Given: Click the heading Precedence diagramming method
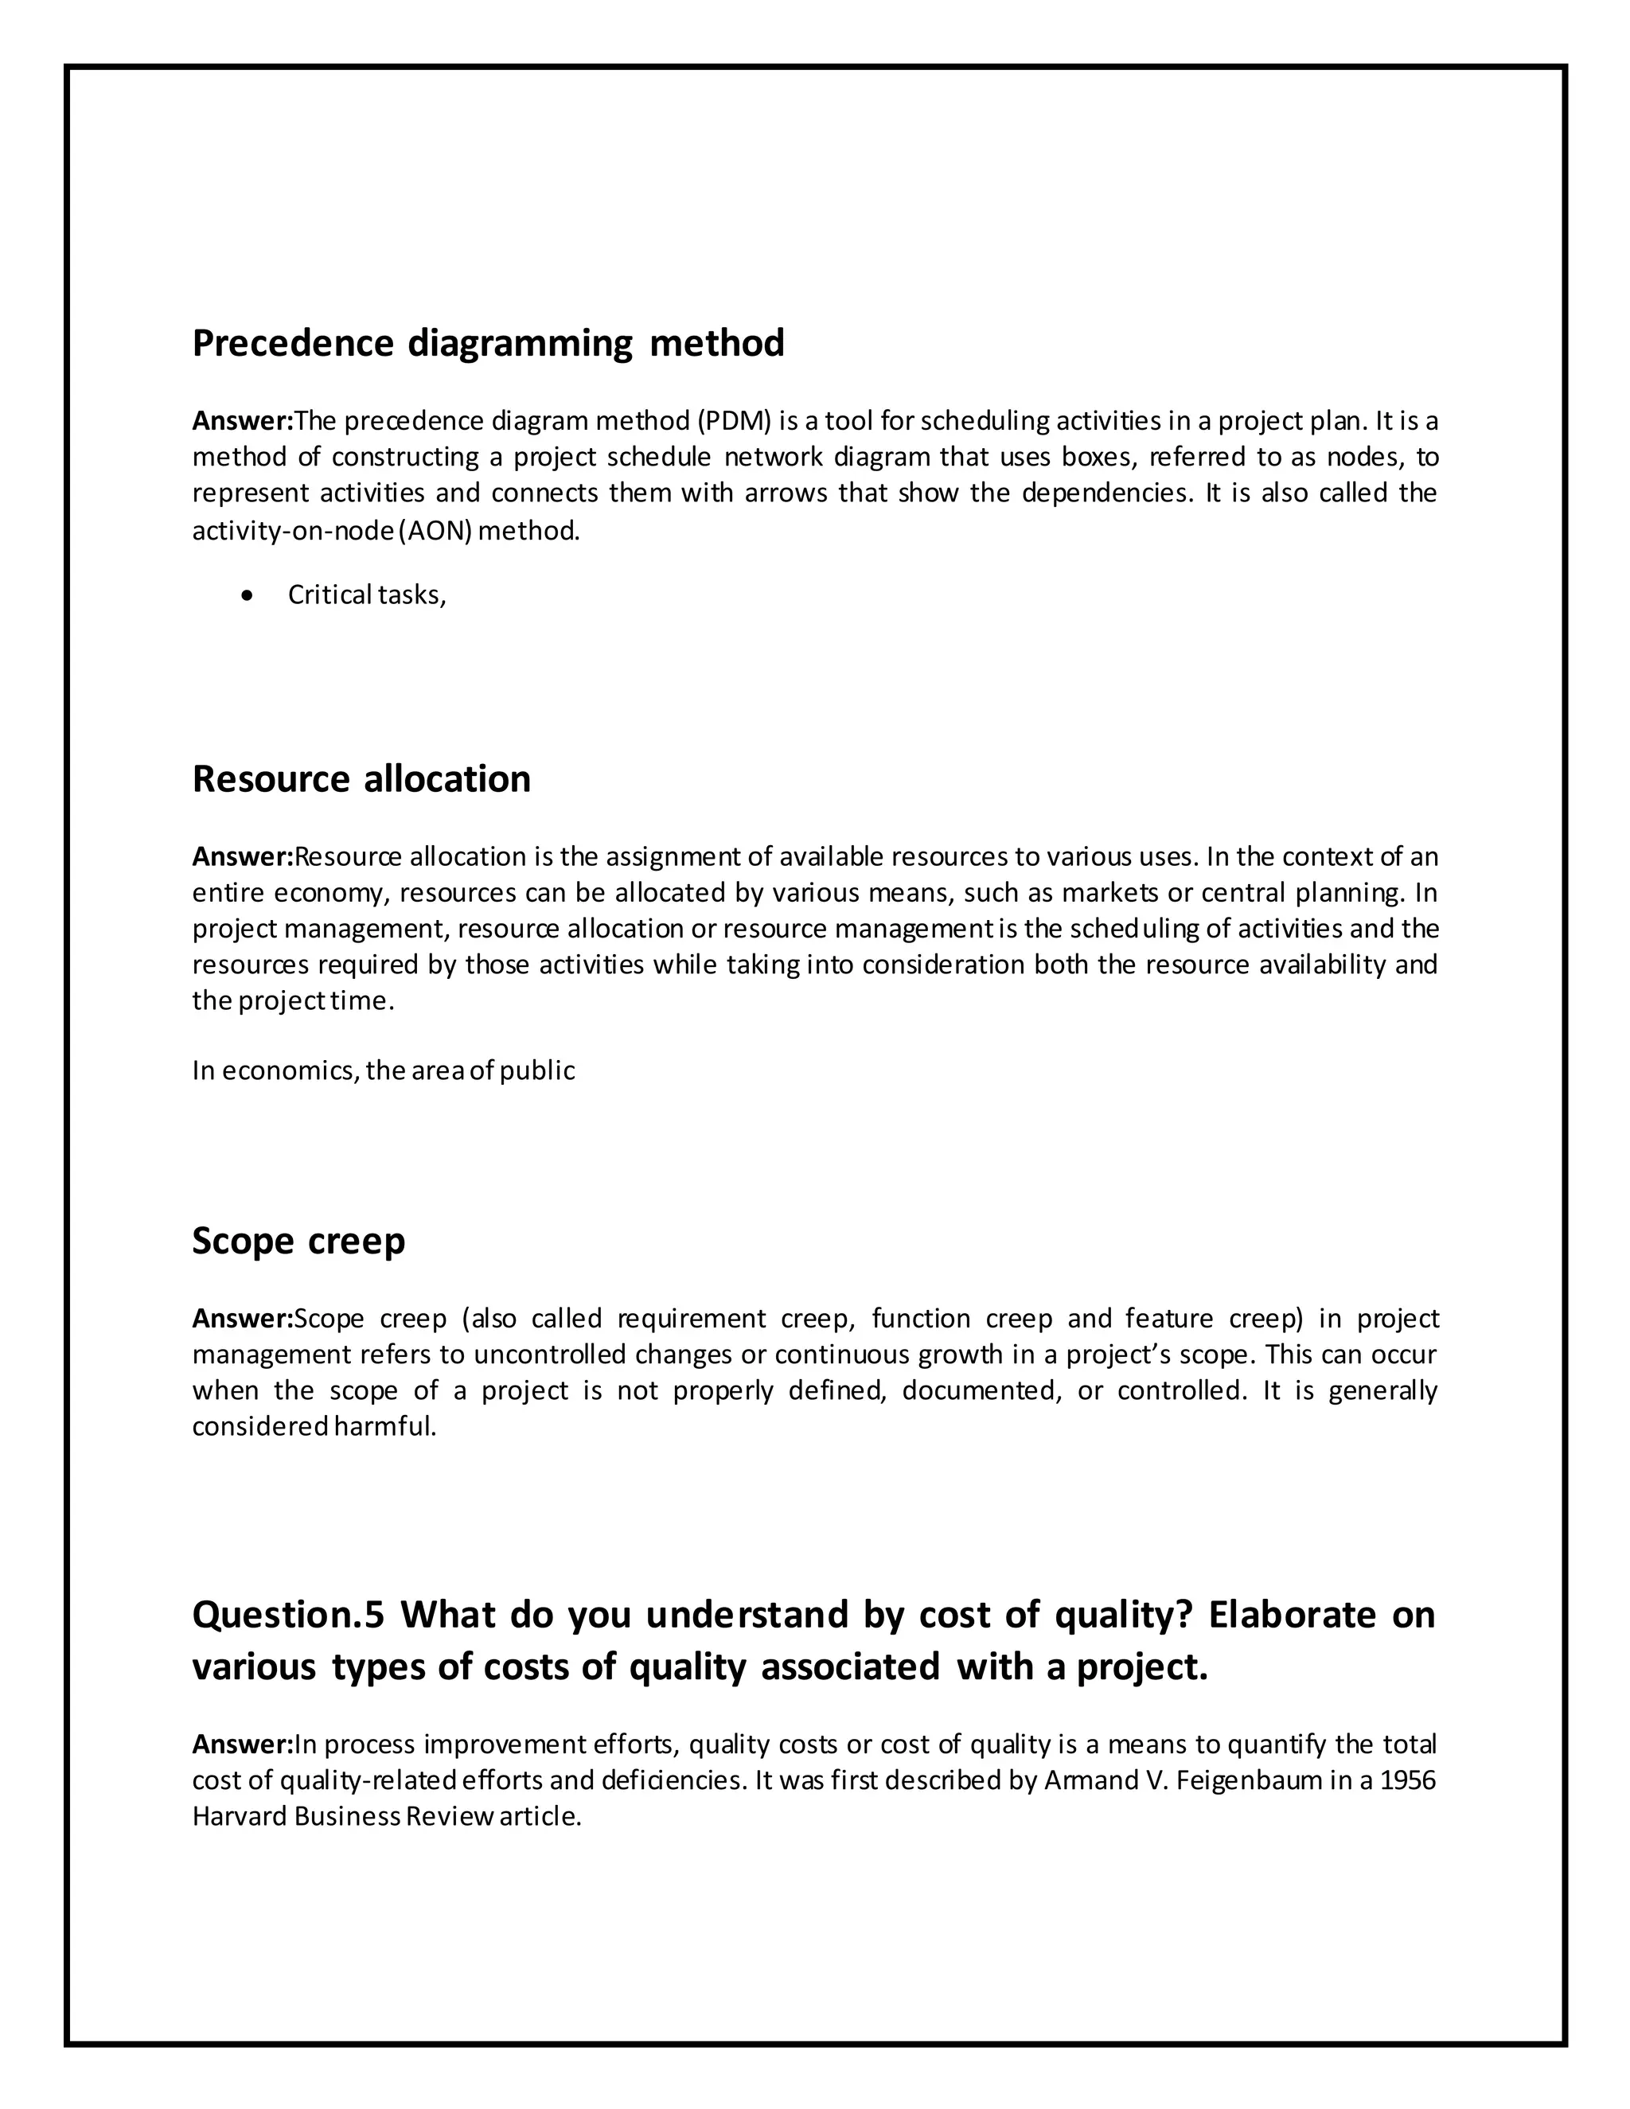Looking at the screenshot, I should coord(488,344).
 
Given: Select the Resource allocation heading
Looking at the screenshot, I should coord(361,779).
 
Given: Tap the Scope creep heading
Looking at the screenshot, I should coord(298,1241).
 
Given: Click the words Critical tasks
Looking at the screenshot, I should coord(366,596).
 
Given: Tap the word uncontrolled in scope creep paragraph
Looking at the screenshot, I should coord(549,1355).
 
